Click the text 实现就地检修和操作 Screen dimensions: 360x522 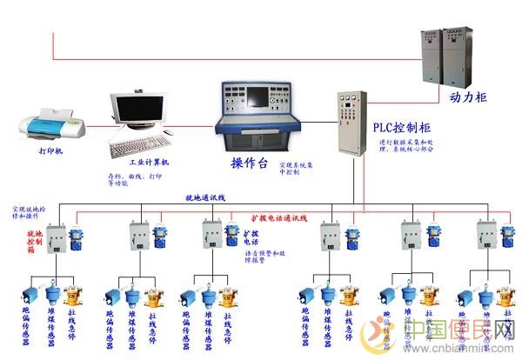click(x=31, y=215)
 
